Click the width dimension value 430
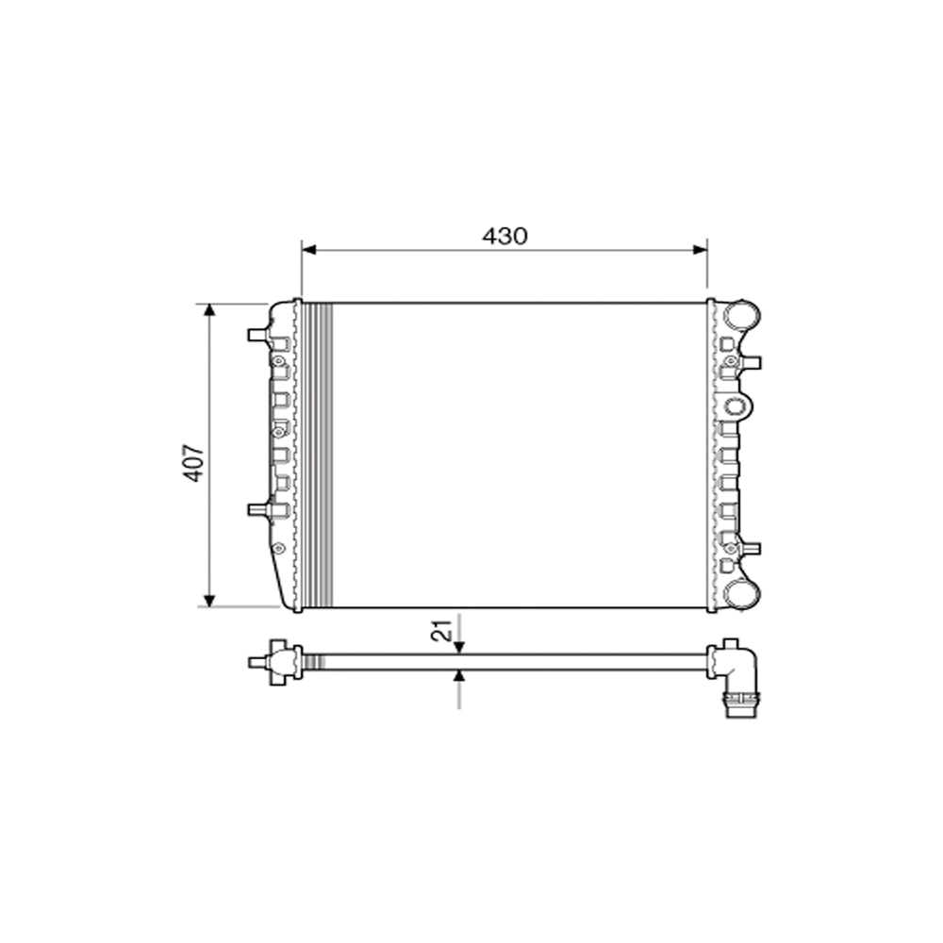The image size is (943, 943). (x=505, y=237)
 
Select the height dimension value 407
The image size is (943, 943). (x=193, y=463)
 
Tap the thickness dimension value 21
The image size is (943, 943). (x=440, y=632)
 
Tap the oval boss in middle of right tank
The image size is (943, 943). (x=736, y=408)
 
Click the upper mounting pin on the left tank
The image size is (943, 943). (x=257, y=335)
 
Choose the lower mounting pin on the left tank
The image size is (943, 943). (x=257, y=509)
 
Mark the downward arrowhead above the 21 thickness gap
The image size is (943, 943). (x=459, y=647)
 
